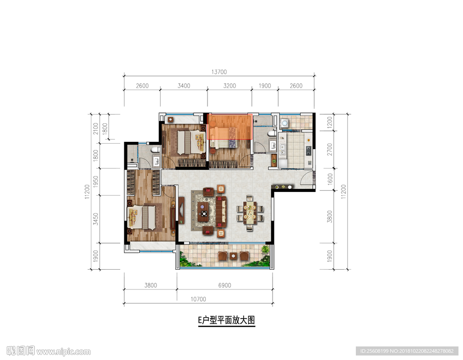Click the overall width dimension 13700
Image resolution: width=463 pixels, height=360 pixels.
[x=219, y=72]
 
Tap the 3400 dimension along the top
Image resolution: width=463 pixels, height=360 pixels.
[x=184, y=86]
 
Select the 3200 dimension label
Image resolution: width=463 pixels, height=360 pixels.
[x=229, y=86]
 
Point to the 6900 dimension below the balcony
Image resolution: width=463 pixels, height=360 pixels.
[x=225, y=285]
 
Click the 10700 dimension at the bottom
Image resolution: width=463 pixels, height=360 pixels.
[x=198, y=299]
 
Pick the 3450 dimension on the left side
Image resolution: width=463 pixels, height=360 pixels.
[x=96, y=219]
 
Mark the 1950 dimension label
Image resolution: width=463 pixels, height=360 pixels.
[x=96, y=182]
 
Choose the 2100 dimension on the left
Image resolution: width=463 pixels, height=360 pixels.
[x=96, y=129]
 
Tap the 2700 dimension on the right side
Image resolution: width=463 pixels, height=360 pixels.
[x=330, y=150]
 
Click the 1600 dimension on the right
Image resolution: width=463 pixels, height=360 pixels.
[x=330, y=179]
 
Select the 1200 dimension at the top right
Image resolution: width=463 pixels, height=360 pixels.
[x=330, y=122]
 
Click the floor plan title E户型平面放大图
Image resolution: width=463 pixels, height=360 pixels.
[x=227, y=320]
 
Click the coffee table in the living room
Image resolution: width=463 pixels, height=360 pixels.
[x=203, y=211]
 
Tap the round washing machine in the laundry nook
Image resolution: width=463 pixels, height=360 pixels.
[x=285, y=123]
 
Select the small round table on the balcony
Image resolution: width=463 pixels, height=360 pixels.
[x=234, y=256]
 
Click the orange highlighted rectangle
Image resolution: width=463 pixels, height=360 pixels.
[x=229, y=126]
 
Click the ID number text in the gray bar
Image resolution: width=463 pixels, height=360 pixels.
[x=407, y=351]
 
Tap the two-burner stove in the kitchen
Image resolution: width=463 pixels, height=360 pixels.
[x=308, y=150]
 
